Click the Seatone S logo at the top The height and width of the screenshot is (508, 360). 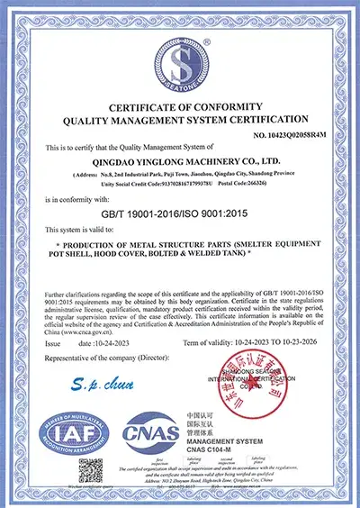coord(180,62)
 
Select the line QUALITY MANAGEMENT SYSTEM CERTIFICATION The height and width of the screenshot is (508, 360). coord(180,120)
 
